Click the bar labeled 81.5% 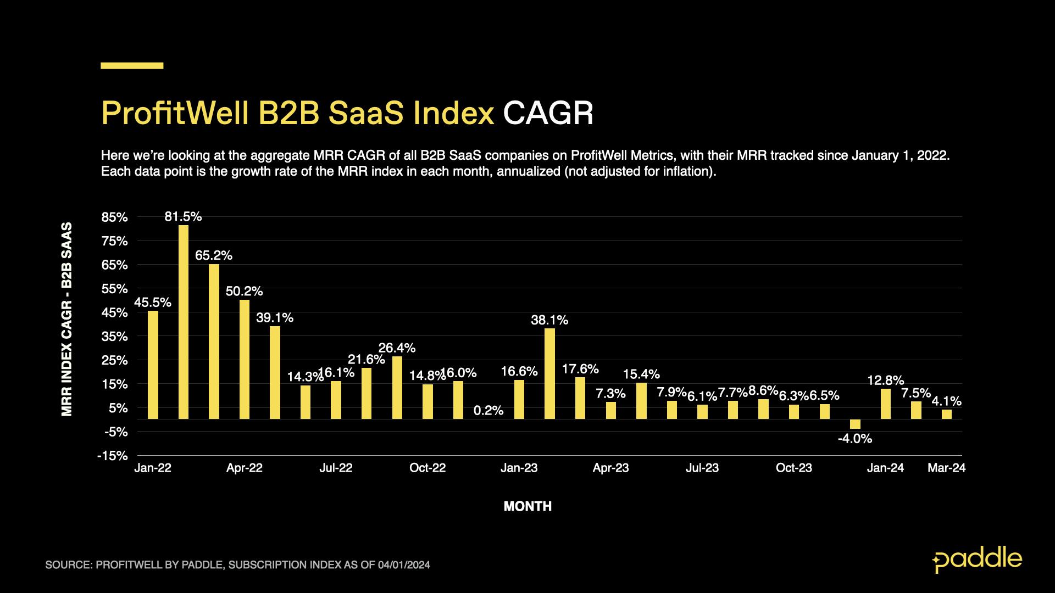tap(184, 322)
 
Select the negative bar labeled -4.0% tap(855, 424)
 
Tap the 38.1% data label tap(549, 320)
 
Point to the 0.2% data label tap(488, 410)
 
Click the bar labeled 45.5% tap(153, 365)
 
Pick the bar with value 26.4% tap(397, 388)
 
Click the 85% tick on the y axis tap(115, 217)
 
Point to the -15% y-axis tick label tap(113, 456)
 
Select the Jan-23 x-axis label tap(519, 468)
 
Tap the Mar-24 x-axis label tap(946, 468)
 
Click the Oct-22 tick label tap(427, 468)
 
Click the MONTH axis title tap(527, 507)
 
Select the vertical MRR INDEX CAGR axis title tap(67, 319)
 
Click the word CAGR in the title tap(548, 114)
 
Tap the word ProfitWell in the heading tap(174, 114)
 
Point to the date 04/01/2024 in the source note tap(404, 565)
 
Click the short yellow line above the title tap(132, 65)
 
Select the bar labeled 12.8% tap(886, 404)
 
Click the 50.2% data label tap(244, 291)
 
